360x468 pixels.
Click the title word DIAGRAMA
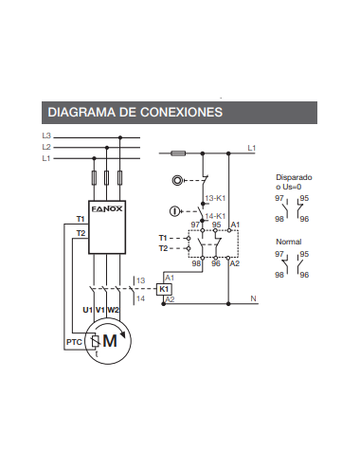coord(78,112)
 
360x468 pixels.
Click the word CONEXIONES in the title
coord(178,112)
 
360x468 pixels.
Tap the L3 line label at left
coord(47,136)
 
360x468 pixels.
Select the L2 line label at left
coord(47,148)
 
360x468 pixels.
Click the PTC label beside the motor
coord(74,341)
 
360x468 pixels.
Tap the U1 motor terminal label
coord(87,310)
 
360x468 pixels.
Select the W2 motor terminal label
coord(114,310)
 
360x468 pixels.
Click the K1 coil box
coord(164,288)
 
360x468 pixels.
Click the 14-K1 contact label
coord(214,216)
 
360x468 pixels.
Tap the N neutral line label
coord(253,298)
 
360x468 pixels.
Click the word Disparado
coord(294,177)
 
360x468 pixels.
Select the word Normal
coord(287,242)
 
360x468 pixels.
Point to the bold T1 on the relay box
coord(81,219)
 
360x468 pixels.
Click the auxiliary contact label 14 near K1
coord(140,298)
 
